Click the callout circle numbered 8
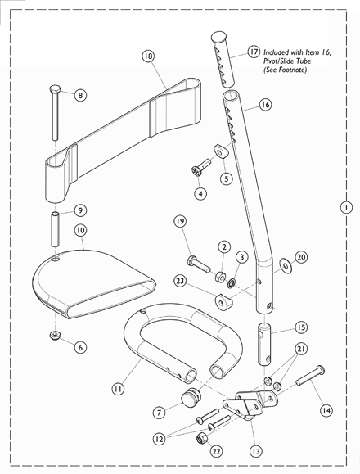[80, 95]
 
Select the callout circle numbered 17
[254, 50]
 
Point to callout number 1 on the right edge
[348, 208]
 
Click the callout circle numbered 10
[80, 231]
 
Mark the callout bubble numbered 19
[181, 221]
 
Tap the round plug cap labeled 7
[192, 401]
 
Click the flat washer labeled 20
[283, 265]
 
